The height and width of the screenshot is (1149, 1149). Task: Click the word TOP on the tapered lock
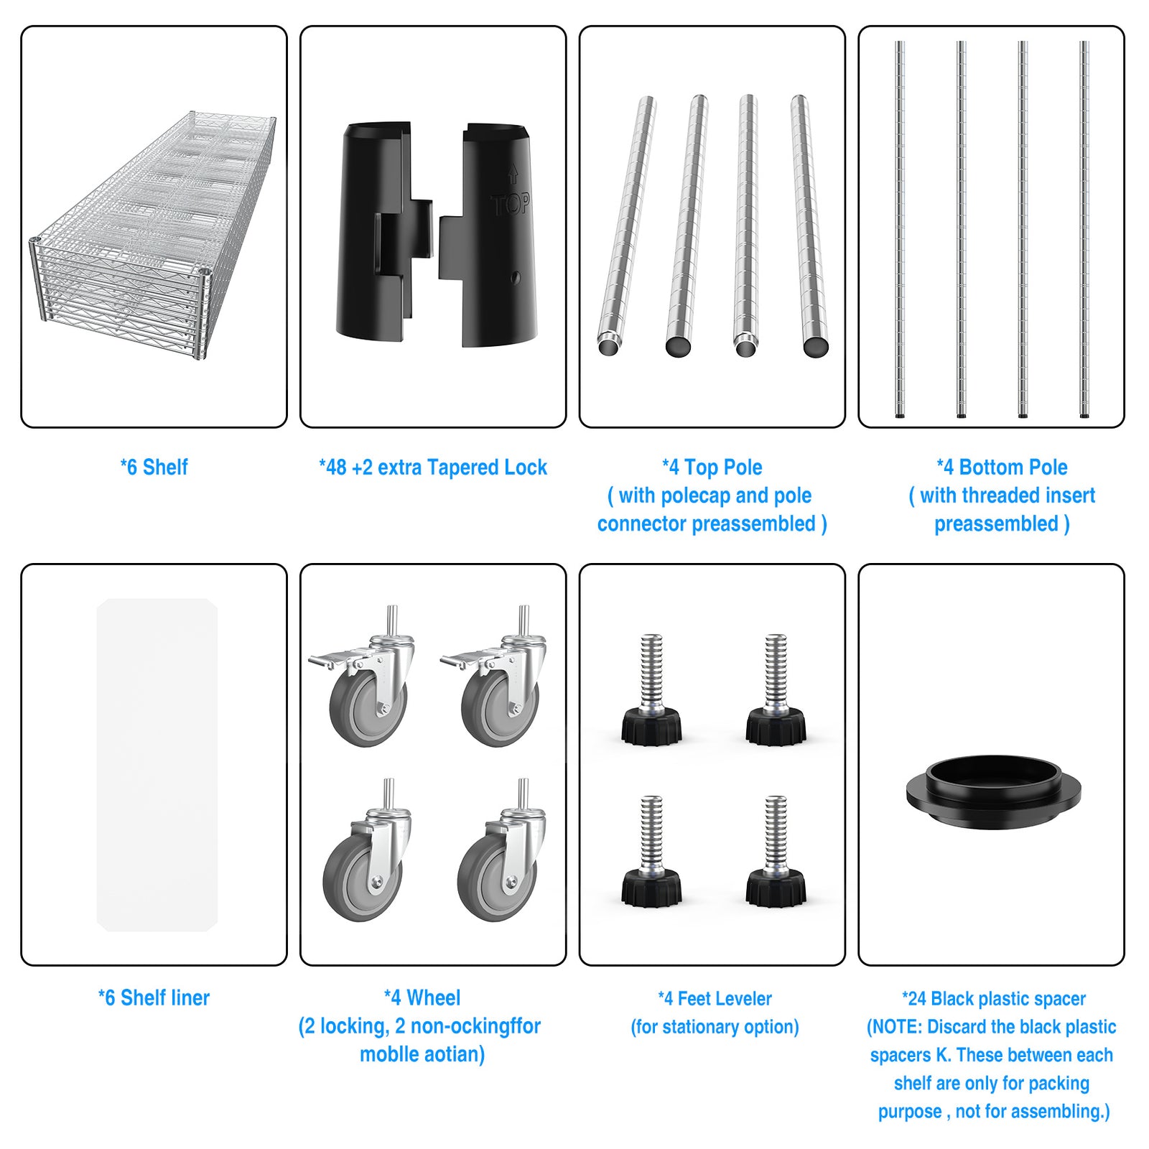[511, 205]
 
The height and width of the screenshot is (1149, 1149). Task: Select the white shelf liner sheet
[157, 765]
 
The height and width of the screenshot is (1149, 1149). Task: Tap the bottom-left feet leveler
[651, 852]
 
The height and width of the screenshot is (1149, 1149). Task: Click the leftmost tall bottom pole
[900, 229]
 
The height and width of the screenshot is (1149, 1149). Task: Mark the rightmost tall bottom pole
[1084, 229]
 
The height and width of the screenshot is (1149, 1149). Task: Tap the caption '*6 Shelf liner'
[154, 997]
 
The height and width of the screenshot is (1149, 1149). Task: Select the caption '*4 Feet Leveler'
[715, 998]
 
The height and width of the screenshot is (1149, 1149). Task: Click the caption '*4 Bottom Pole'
[1002, 467]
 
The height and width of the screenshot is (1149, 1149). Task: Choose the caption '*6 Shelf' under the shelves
[154, 467]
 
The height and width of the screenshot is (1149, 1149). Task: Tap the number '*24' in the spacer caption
[914, 998]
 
